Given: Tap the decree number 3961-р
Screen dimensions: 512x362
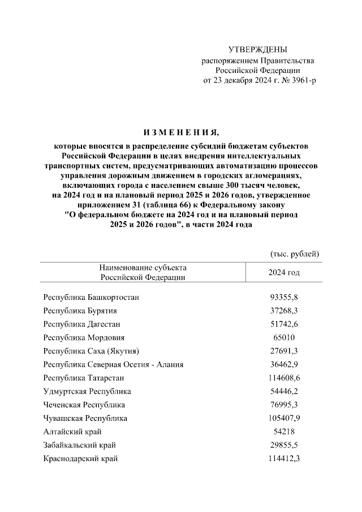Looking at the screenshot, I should tap(303, 80).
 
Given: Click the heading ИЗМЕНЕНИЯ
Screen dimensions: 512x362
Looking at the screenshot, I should tap(180, 134).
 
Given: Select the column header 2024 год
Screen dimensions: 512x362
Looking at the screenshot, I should tap(283, 273).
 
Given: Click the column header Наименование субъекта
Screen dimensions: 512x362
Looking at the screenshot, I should tap(143, 268).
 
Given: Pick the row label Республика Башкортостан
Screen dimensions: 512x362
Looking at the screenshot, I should tap(91, 297).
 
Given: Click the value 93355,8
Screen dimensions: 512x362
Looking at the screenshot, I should tap(283, 297).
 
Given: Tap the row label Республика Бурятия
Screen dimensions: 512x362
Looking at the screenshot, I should tap(80, 311).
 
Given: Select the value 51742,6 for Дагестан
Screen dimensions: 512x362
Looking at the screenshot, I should tap(283, 324).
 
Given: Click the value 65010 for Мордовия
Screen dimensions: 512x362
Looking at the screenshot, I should tap(283, 338).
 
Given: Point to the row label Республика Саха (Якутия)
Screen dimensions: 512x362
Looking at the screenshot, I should tap(91, 351).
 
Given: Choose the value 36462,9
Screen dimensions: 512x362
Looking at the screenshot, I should tap(283, 365).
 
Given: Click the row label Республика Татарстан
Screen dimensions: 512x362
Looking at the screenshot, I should tap(84, 378).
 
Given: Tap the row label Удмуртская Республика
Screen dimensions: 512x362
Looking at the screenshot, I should tap(87, 391).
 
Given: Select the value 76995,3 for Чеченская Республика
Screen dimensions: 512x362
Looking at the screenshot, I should tap(283, 405).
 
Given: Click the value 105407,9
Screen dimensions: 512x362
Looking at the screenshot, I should tap(283, 419).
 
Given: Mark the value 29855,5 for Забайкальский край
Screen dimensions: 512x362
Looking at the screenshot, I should tap(283, 445).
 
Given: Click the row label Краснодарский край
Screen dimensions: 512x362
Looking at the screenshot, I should tap(80, 459).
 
